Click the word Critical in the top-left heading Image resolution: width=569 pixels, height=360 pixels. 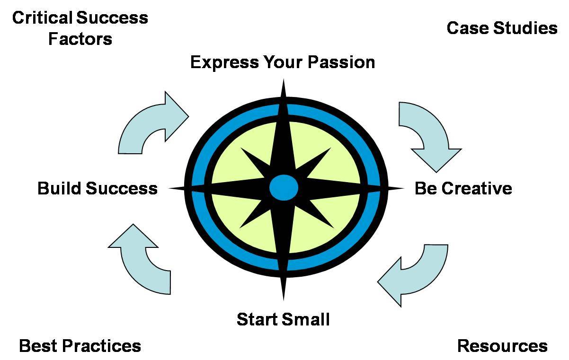tap(42, 18)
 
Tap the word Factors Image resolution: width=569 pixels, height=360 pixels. tap(80, 39)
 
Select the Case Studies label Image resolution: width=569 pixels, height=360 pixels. tap(502, 28)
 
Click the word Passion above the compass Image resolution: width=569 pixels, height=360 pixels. tap(341, 62)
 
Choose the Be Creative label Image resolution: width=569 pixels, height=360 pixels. tap(463, 188)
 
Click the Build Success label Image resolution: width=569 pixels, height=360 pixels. tap(98, 188)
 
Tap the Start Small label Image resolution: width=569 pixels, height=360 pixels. tap(283, 319)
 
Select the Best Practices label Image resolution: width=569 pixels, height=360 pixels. tap(80, 346)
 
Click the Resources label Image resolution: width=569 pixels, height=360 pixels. tap(502, 346)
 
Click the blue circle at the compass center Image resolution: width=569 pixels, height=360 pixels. tap(284, 188)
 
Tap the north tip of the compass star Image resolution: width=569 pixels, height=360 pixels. tap(284, 79)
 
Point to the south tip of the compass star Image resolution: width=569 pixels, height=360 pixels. tap(284, 300)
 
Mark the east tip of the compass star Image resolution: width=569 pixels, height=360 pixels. tap(404, 188)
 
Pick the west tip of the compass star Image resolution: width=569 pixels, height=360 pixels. tap(169, 188)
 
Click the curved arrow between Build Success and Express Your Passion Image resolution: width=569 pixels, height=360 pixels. tap(142, 119)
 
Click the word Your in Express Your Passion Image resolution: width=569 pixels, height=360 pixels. tap(283, 62)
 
